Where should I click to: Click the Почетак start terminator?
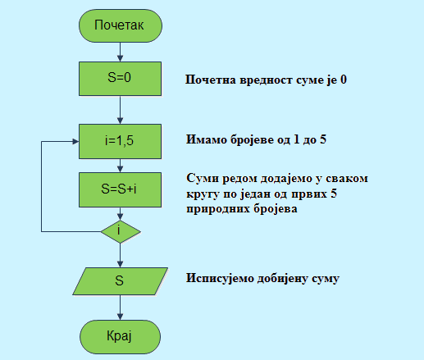click(x=121, y=25)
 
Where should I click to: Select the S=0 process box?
click(x=121, y=79)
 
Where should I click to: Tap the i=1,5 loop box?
click(x=121, y=141)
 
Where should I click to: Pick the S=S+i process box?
click(x=121, y=189)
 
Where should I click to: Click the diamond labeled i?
click(x=121, y=231)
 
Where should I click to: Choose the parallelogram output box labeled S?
click(x=121, y=281)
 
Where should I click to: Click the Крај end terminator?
click(x=121, y=337)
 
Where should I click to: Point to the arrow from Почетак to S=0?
click(x=120, y=52)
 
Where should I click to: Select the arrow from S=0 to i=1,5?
click(x=120, y=110)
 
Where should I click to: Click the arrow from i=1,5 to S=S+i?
click(x=120, y=166)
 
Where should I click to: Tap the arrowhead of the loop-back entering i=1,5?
click(x=75, y=141)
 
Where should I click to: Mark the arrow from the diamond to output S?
click(x=120, y=255)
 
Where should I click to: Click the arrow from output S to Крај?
click(x=120, y=308)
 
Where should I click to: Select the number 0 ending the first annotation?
click(x=344, y=80)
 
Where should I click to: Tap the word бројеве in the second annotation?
click(x=253, y=139)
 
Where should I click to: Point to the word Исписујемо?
click(x=220, y=279)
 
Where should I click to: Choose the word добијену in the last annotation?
click(x=283, y=279)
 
